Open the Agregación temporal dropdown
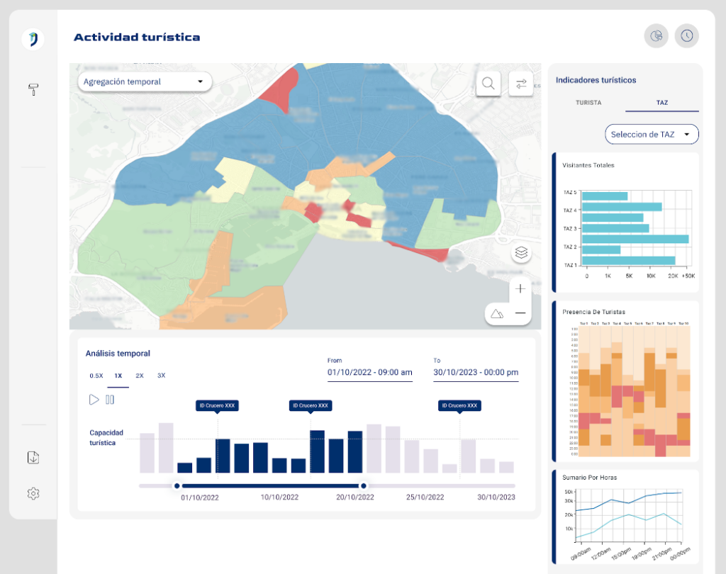coord(145,81)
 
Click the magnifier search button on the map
coord(488,83)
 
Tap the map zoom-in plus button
coord(520,288)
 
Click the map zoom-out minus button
coord(520,313)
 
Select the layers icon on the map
coord(521,252)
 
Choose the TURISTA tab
coord(588,103)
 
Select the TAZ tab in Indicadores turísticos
coord(662,103)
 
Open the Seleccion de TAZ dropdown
coord(651,134)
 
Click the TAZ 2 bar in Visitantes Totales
coord(603,249)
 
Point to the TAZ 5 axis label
coord(570,192)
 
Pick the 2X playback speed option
coord(140,376)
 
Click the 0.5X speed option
coord(96,376)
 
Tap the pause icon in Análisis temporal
coord(110,400)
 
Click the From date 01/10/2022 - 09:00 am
coord(369,372)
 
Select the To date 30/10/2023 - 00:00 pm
coord(476,372)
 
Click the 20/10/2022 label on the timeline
coord(354,497)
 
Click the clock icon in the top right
coord(686,35)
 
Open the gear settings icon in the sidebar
coord(33,493)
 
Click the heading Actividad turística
coord(137,37)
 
